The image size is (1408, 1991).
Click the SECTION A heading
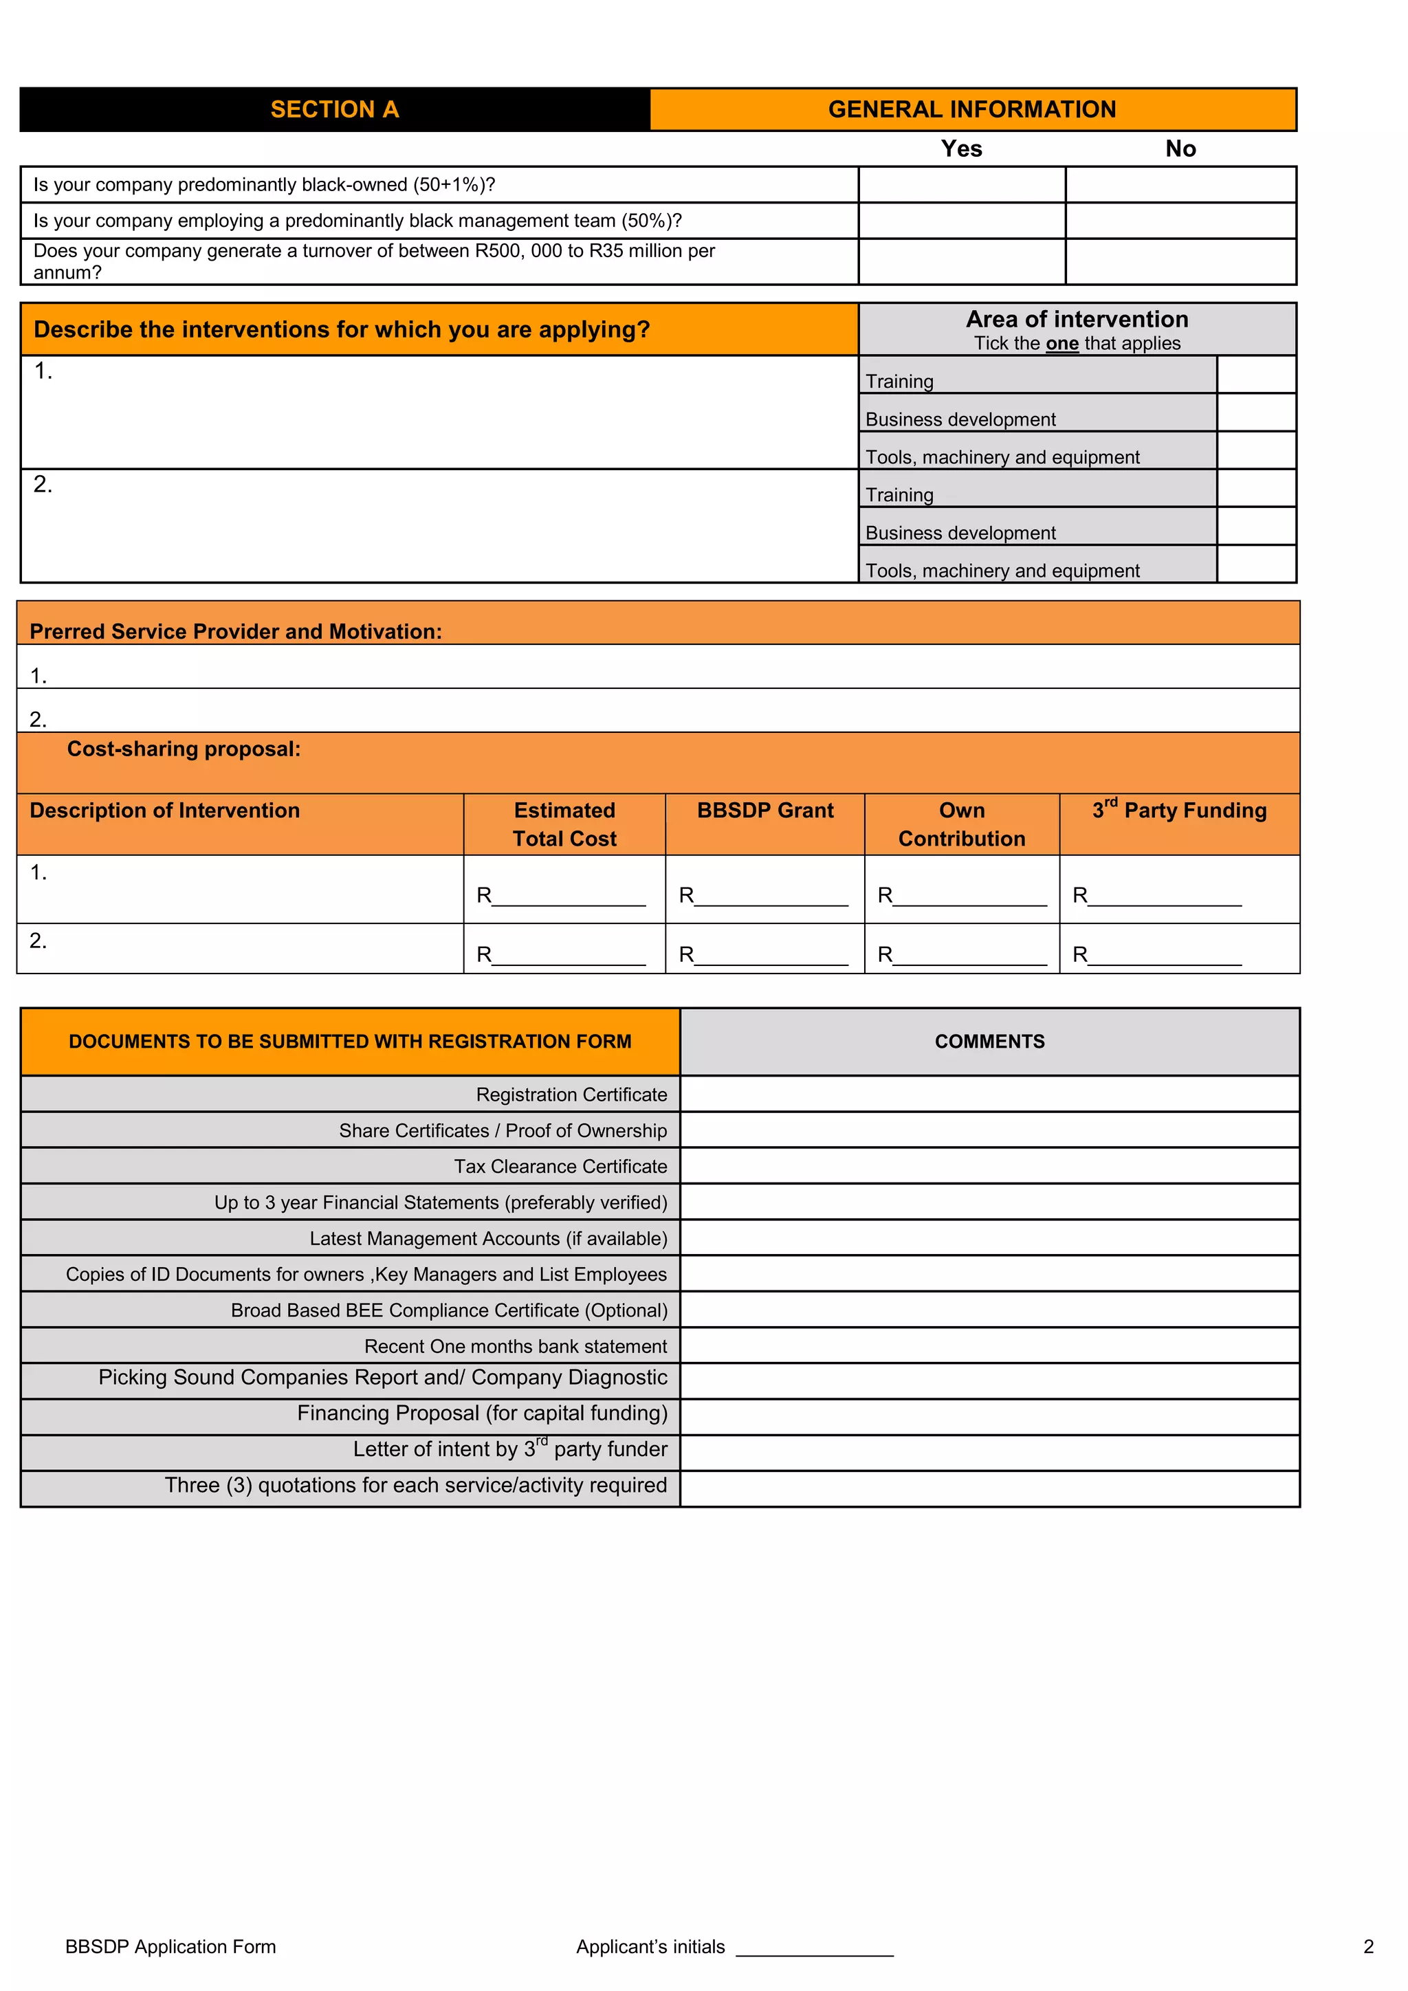pyautogui.click(x=335, y=109)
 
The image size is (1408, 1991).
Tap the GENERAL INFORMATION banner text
pyautogui.click(x=972, y=109)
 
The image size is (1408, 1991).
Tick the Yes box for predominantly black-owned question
pyautogui.click(x=962, y=185)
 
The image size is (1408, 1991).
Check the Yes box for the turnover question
pyautogui.click(x=962, y=262)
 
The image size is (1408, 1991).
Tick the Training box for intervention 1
pyautogui.click(x=1256, y=375)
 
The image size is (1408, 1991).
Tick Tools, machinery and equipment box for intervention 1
pyautogui.click(x=1256, y=451)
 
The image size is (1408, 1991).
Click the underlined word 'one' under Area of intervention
pyautogui.click(x=1062, y=343)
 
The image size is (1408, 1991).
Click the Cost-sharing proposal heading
pyautogui.click(x=184, y=749)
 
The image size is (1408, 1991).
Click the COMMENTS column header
pyautogui.click(x=989, y=1042)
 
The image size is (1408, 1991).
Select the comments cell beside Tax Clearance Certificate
pyautogui.click(x=989, y=1166)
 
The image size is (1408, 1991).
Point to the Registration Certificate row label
pyautogui.click(x=571, y=1095)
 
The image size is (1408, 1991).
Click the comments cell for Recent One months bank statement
pyautogui.click(x=989, y=1346)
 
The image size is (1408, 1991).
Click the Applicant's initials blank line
pyautogui.click(x=814, y=1948)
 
